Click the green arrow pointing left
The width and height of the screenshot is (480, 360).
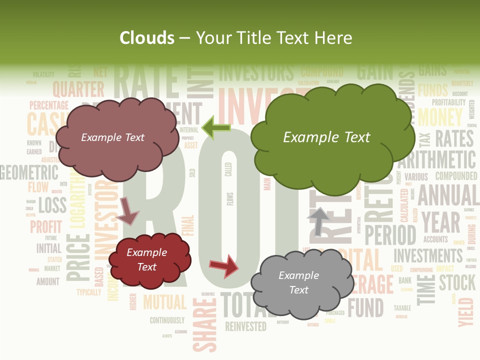216,128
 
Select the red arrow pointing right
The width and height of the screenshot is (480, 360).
224,265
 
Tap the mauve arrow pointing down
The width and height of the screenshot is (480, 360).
128,210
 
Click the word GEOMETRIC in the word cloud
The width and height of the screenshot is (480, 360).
29,172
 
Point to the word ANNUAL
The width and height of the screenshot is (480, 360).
448,195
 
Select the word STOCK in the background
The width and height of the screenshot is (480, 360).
457,282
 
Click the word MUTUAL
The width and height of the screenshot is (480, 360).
164,302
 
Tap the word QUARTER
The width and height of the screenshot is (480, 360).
78,89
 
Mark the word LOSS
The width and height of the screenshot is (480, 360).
52,204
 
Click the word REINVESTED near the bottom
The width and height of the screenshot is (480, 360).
245,326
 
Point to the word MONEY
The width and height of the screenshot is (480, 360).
440,117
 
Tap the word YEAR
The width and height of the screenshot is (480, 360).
440,222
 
